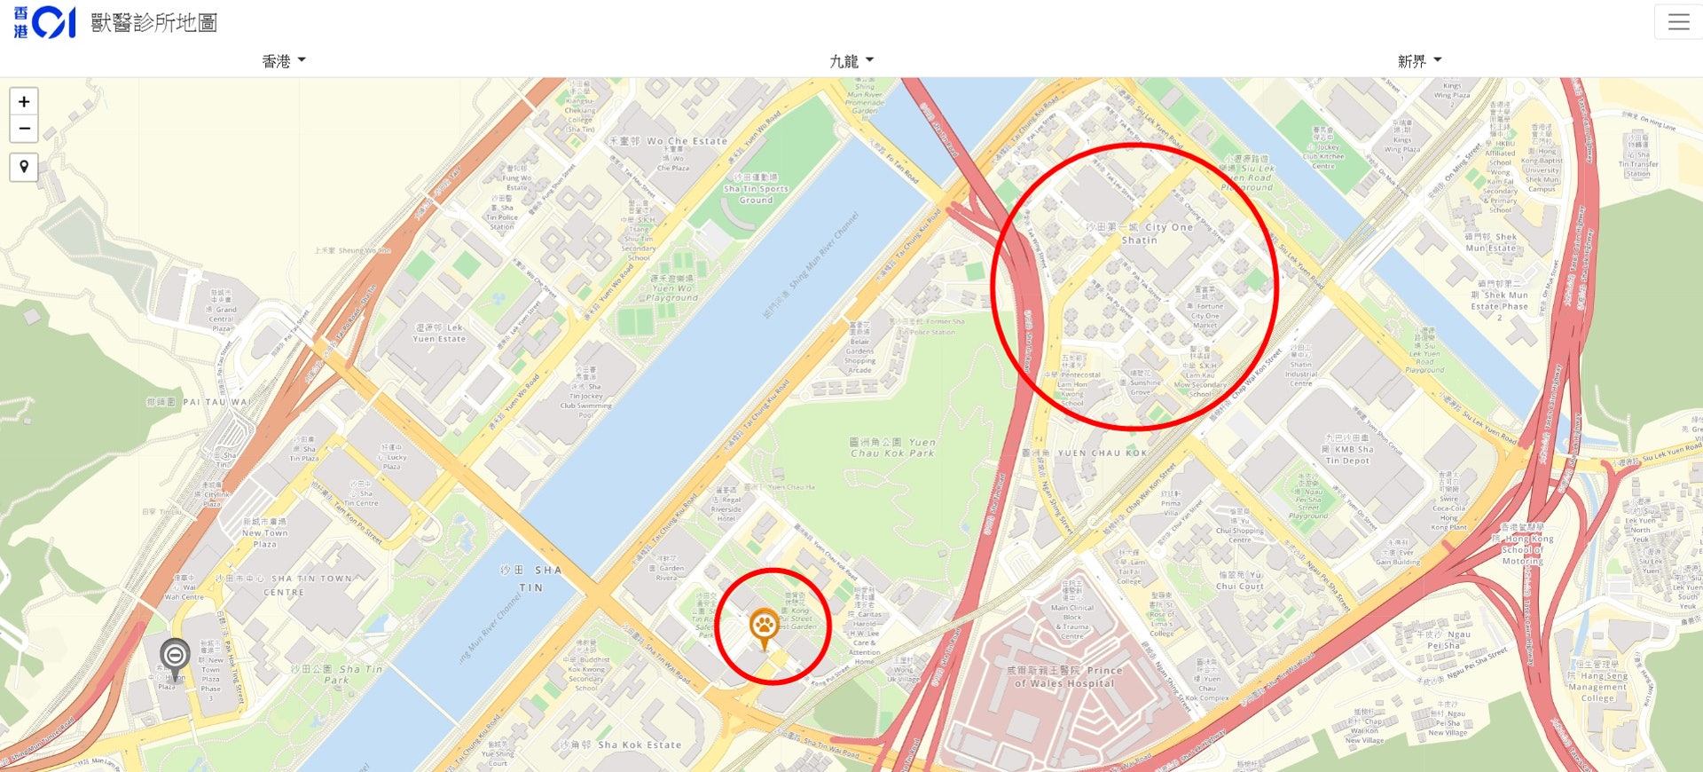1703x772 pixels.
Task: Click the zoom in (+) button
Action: point(24,101)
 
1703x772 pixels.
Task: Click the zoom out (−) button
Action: point(24,129)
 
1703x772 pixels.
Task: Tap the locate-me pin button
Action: point(24,167)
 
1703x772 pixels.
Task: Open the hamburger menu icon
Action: point(1678,22)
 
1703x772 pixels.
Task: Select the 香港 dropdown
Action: point(284,60)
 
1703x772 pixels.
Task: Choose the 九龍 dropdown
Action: point(851,60)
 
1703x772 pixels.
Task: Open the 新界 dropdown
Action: point(1419,60)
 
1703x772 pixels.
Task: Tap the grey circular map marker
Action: point(175,657)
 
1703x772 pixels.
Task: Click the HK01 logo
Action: point(44,22)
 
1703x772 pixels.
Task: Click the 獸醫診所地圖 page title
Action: point(154,22)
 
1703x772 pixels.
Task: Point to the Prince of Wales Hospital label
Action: point(1064,677)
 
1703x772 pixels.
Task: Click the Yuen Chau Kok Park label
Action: point(893,447)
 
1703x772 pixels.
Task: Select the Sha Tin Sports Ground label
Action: point(755,189)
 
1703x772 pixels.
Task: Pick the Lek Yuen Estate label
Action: point(439,333)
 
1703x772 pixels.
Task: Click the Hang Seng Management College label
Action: point(1597,681)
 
